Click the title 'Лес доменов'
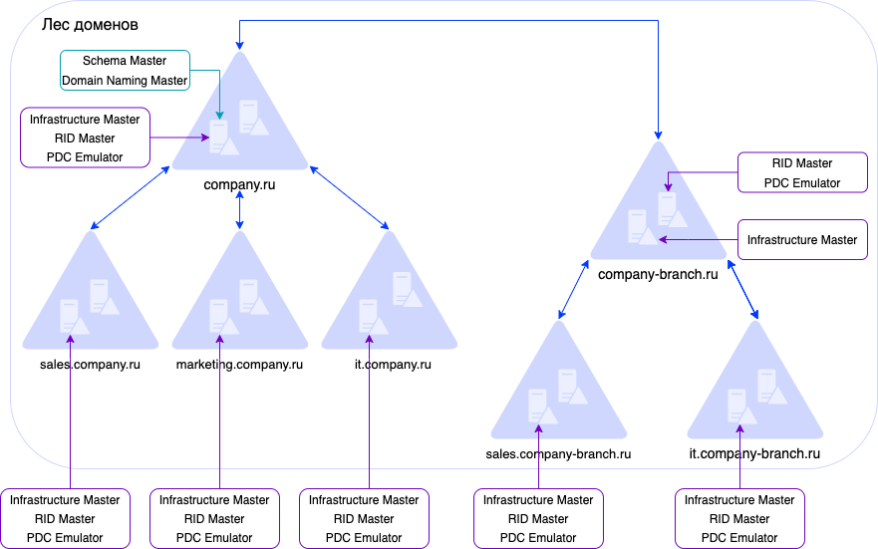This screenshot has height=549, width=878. [x=90, y=23]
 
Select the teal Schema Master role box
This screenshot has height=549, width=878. [x=125, y=71]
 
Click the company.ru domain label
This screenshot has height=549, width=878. [x=239, y=184]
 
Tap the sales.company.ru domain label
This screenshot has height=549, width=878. [x=90, y=365]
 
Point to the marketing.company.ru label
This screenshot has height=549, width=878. [x=239, y=365]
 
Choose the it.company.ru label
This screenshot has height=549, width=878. [x=393, y=365]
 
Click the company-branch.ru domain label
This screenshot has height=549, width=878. [x=658, y=274]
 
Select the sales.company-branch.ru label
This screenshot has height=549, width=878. [x=558, y=454]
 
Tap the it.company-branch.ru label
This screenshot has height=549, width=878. [x=754, y=454]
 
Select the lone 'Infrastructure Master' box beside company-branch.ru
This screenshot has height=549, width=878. [x=802, y=240]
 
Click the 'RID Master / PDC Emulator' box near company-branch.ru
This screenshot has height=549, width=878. [x=802, y=172]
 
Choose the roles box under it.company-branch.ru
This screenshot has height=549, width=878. [x=739, y=518]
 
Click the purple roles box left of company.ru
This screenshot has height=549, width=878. [x=85, y=137]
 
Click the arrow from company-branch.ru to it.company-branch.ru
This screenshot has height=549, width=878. [x=742, y=291]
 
